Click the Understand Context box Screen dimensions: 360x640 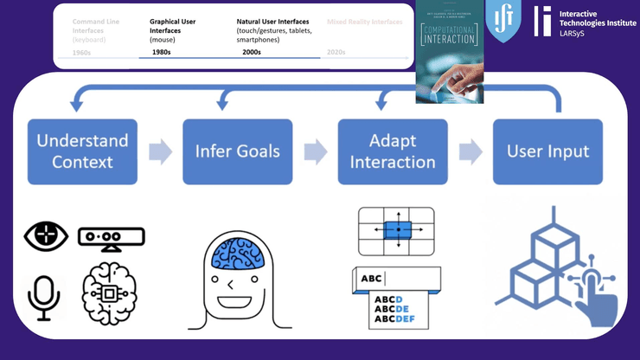83,151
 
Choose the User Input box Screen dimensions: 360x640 547,151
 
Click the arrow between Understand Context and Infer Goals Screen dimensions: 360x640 160,152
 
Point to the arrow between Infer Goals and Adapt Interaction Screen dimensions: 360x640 315,152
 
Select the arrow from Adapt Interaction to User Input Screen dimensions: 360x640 470,152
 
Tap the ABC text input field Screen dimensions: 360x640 397,279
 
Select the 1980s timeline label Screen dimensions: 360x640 161,52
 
